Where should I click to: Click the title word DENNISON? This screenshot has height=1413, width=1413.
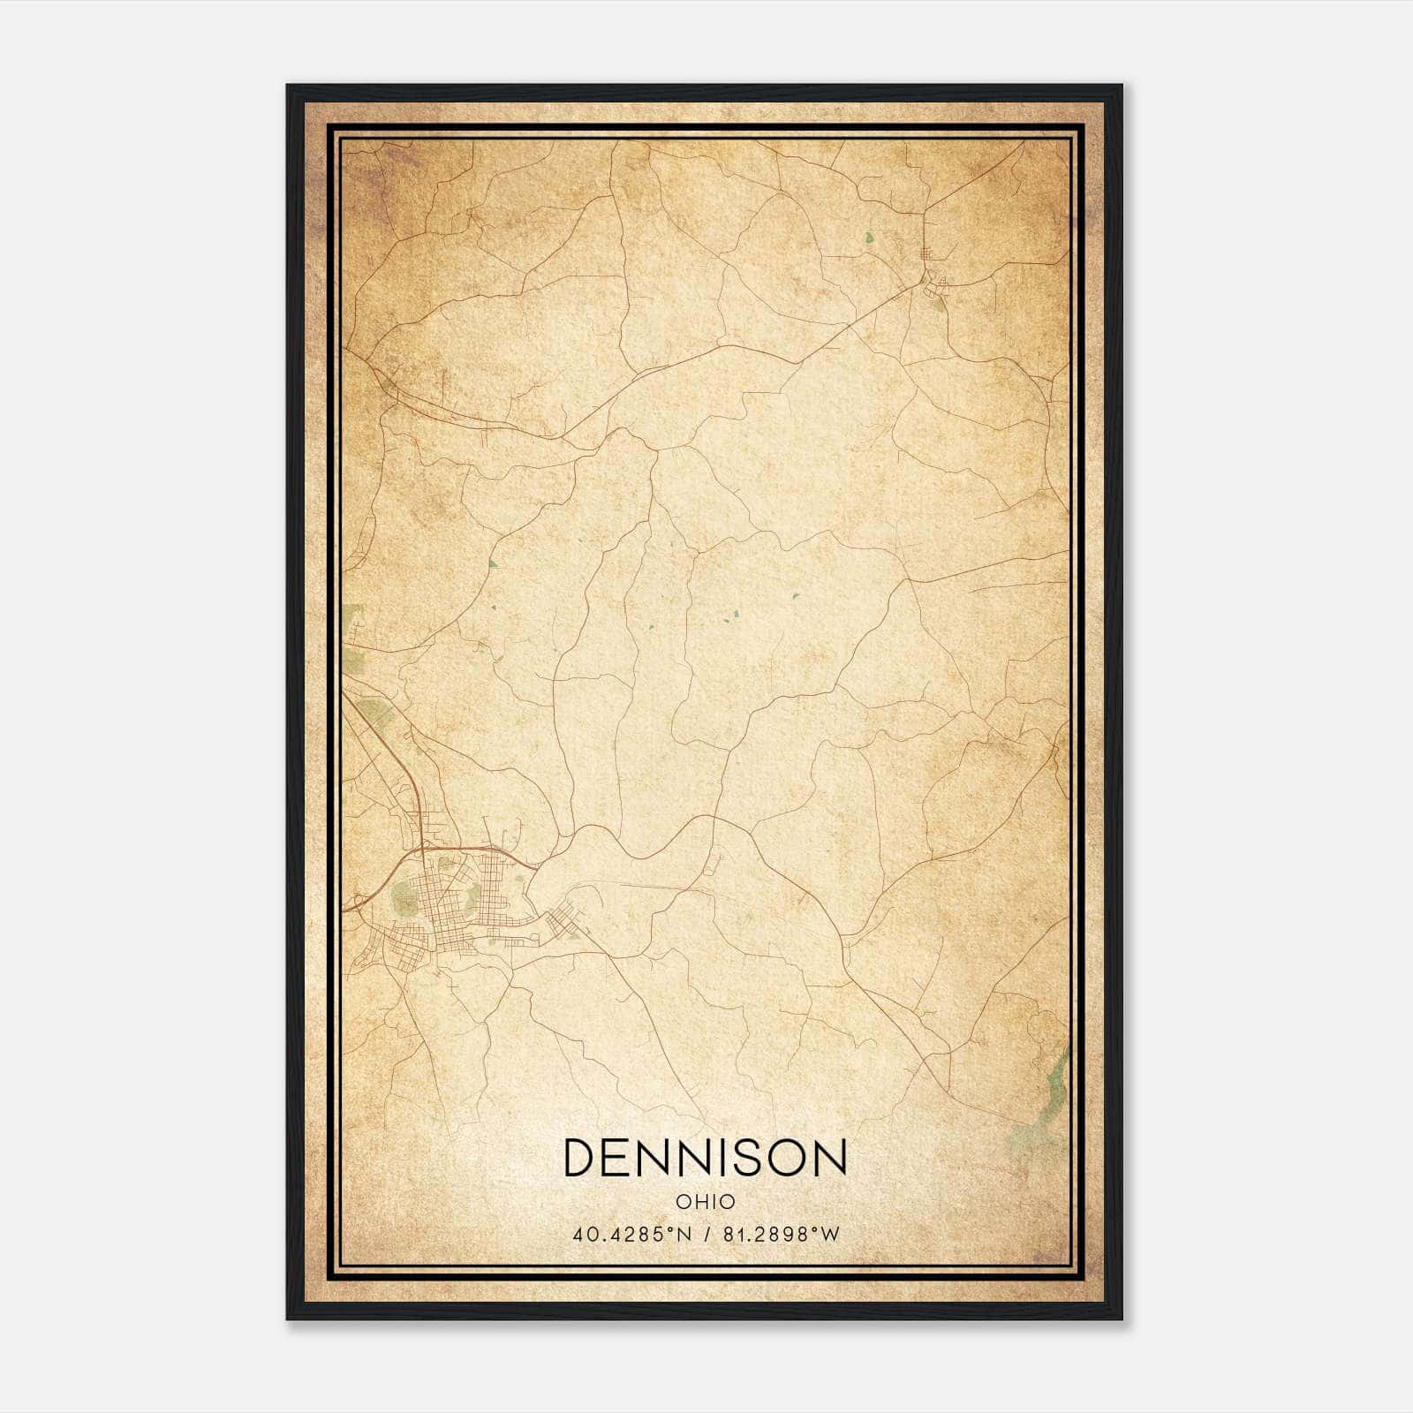coord(705,1157)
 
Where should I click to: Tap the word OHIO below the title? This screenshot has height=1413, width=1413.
coord(705,1202)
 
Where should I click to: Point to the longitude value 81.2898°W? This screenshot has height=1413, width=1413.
coord(782,1235)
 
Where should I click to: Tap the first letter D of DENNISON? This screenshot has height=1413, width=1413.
coord(578,1157)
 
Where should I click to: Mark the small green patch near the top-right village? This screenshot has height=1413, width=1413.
coord(869,238)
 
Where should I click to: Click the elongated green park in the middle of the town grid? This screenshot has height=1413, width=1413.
coord(473,895)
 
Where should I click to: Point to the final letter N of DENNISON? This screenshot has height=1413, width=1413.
coord(830,1157)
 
